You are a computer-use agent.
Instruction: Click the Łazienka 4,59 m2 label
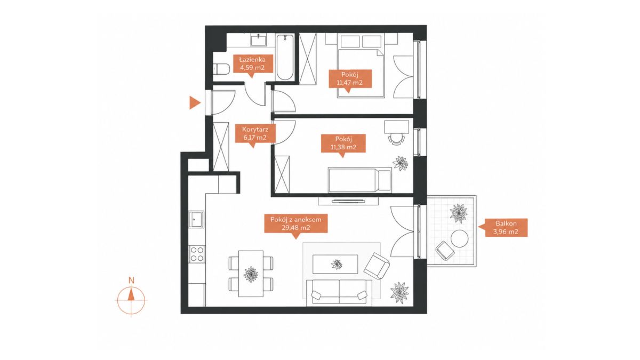[x=253, y=63]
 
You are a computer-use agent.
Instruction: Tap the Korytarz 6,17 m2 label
[x=255, y=133]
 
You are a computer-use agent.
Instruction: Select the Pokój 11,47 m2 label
[x=350, y=78]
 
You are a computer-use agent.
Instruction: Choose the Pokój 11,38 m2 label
[x=343, y=143]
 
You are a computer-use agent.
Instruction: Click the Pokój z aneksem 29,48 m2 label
[x=295, y=223]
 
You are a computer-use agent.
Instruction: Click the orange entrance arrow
[x=195, y=102]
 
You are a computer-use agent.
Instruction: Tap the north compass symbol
[x=131, y=297]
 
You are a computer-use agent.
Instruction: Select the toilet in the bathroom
[x=222, y=69]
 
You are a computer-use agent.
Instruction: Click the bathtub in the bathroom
[x=285, y=57]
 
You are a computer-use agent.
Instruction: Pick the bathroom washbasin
[x=259, y=39]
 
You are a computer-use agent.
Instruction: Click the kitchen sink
[x=196, y=219]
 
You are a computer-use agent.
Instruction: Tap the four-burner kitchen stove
[x=197, y=254]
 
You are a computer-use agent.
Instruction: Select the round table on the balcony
[x=459, y=238]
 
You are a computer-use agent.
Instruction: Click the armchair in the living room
[x=377, y=266]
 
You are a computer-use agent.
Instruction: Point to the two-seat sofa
[x=339, y=293]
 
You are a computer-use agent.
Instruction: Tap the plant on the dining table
[x=251, y=274]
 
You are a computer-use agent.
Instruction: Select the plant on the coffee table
[x=337, y=265]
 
